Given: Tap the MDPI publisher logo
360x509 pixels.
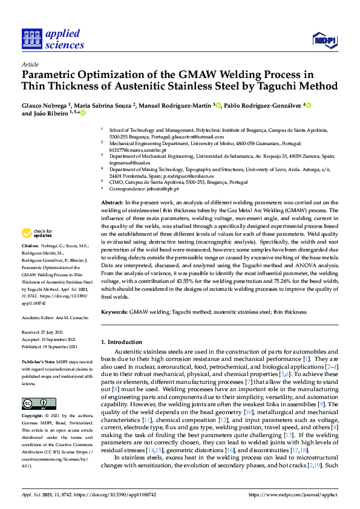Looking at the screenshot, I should tap(324, 41).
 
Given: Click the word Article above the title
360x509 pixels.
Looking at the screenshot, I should tap(30, 63).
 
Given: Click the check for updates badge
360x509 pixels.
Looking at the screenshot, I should tap(37, 233).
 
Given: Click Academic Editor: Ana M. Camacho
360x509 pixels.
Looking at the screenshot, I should tap(55, 317).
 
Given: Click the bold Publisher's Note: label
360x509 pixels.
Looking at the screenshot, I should tap(38, 361).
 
